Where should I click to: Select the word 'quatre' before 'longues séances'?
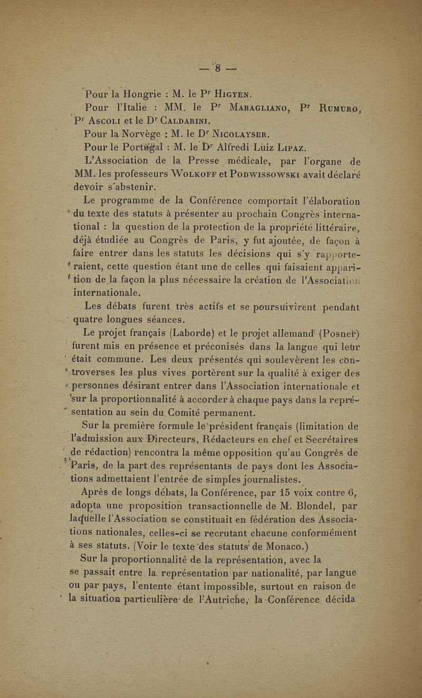pos(91,319)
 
